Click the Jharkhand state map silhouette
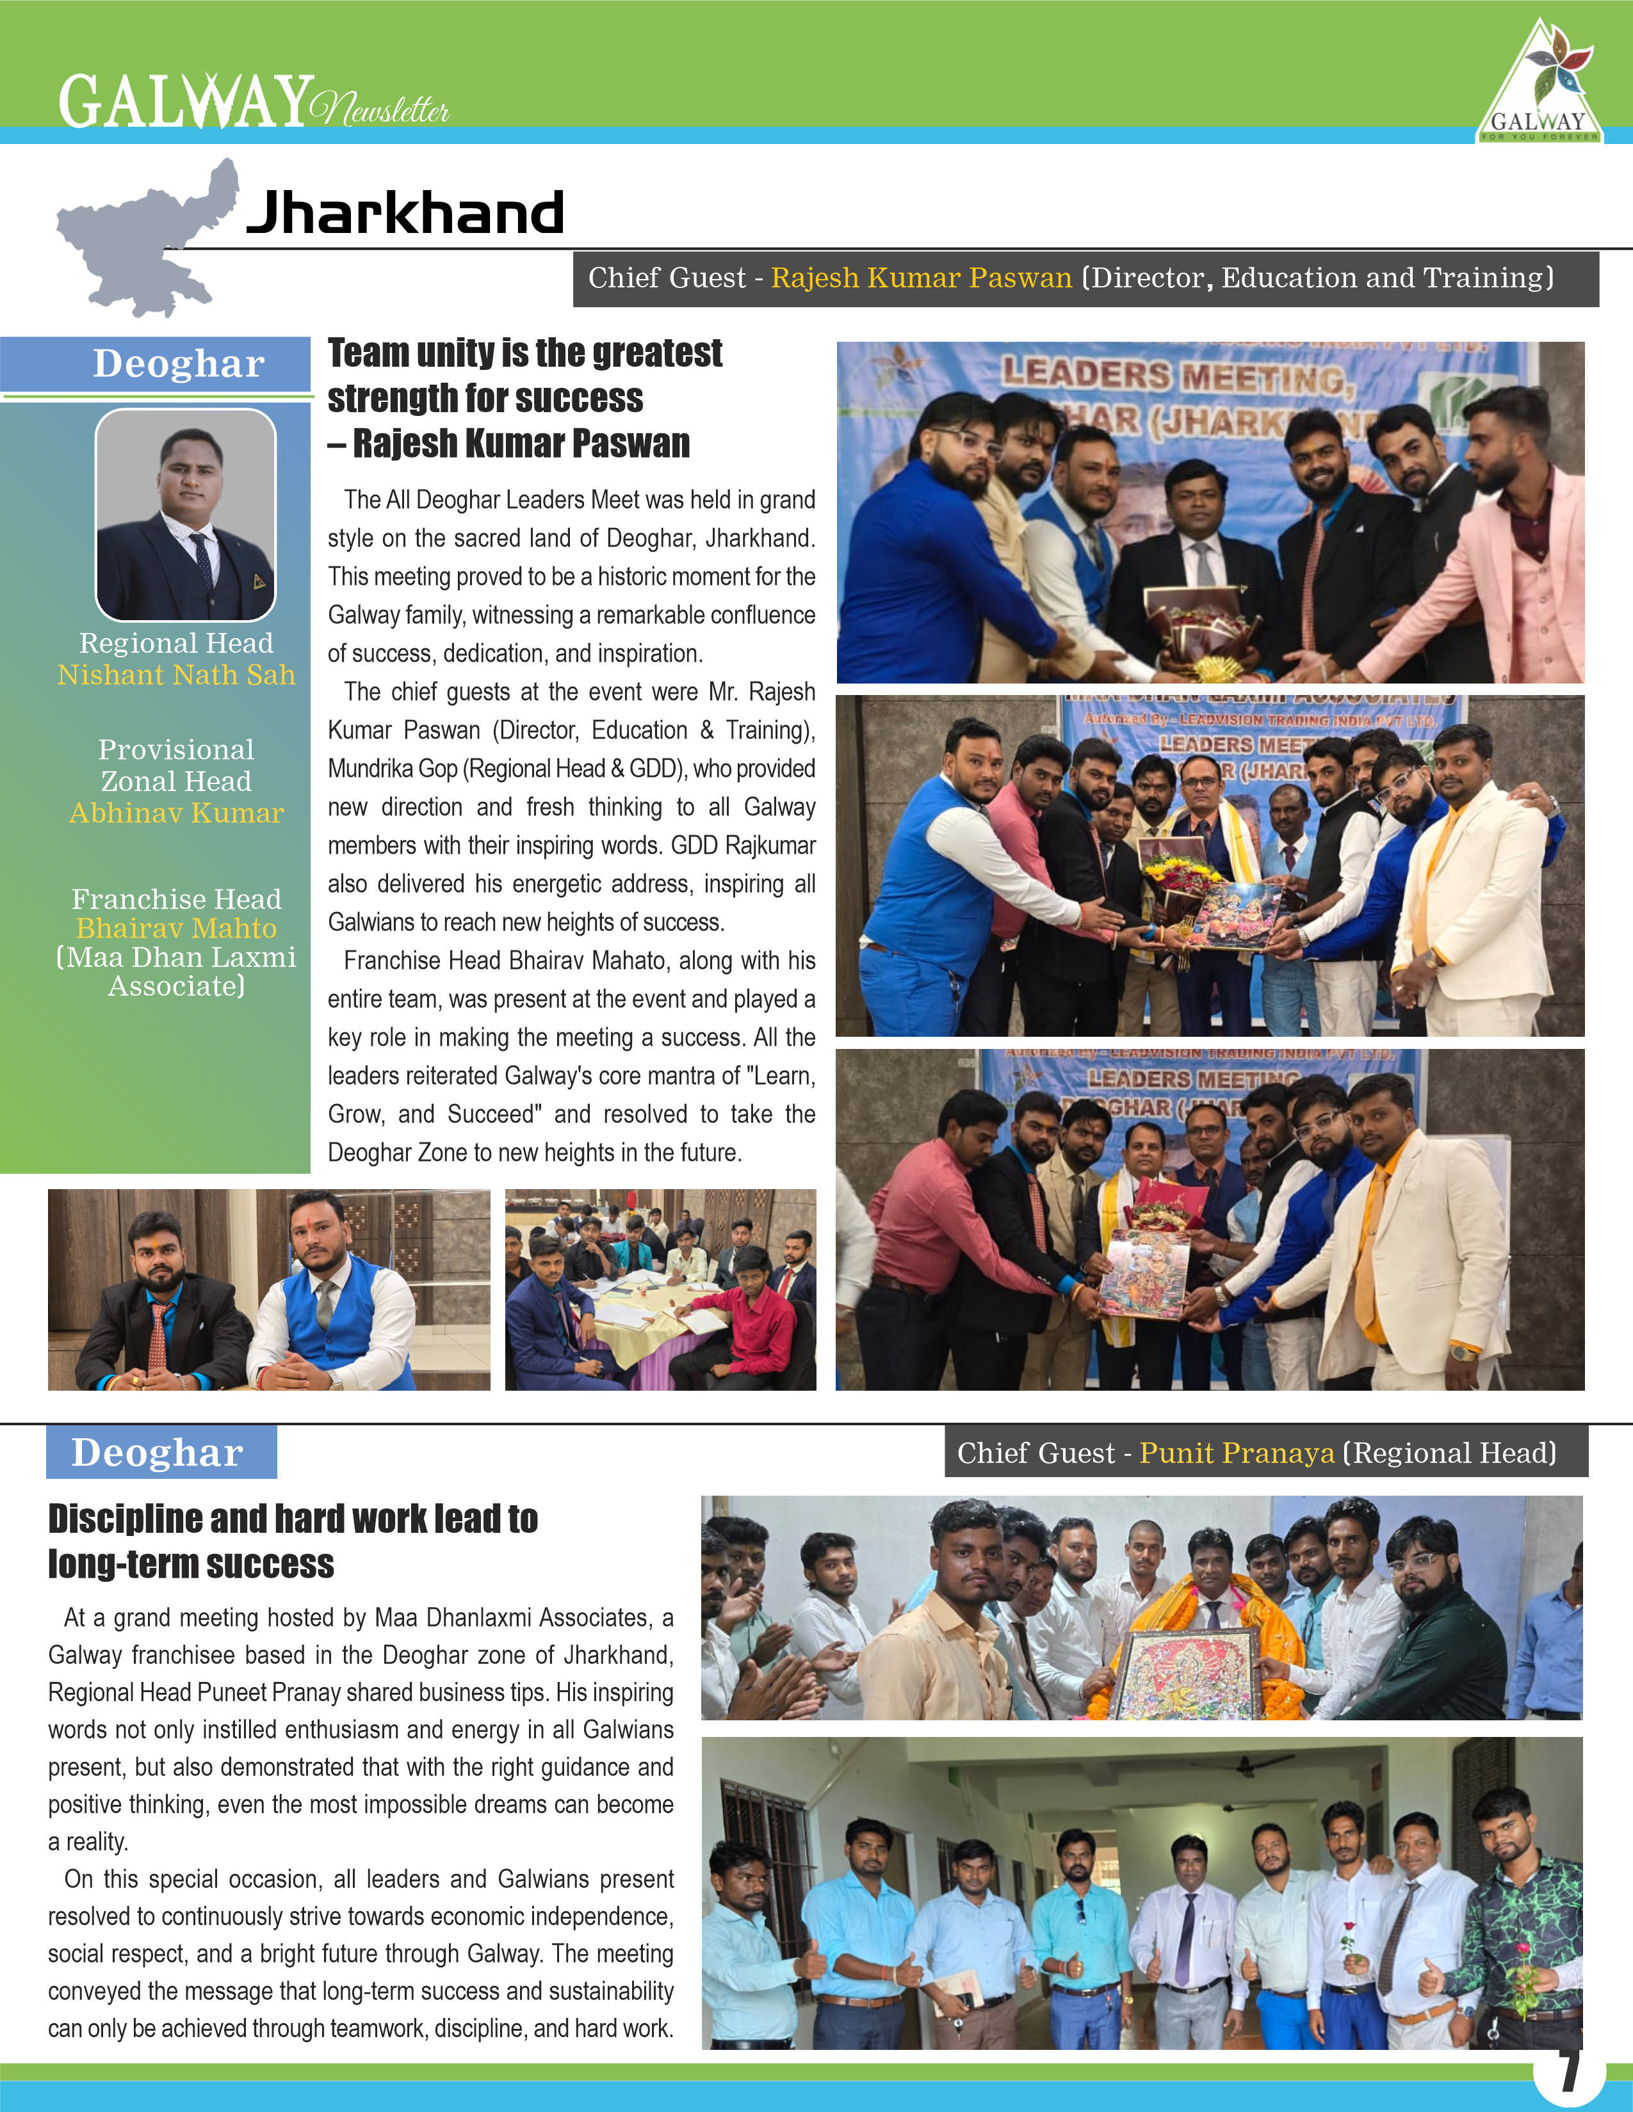tap(145, 242)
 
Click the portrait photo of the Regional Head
tap(186, 515)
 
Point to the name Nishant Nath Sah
tap(176, 675)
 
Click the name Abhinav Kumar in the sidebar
tap(176, 813)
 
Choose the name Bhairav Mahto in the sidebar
tap(176, 929)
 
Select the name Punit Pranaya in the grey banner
tap(1237, 1453)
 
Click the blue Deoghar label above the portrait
tap(178, 364)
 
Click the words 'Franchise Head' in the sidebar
tap(176, 899)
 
